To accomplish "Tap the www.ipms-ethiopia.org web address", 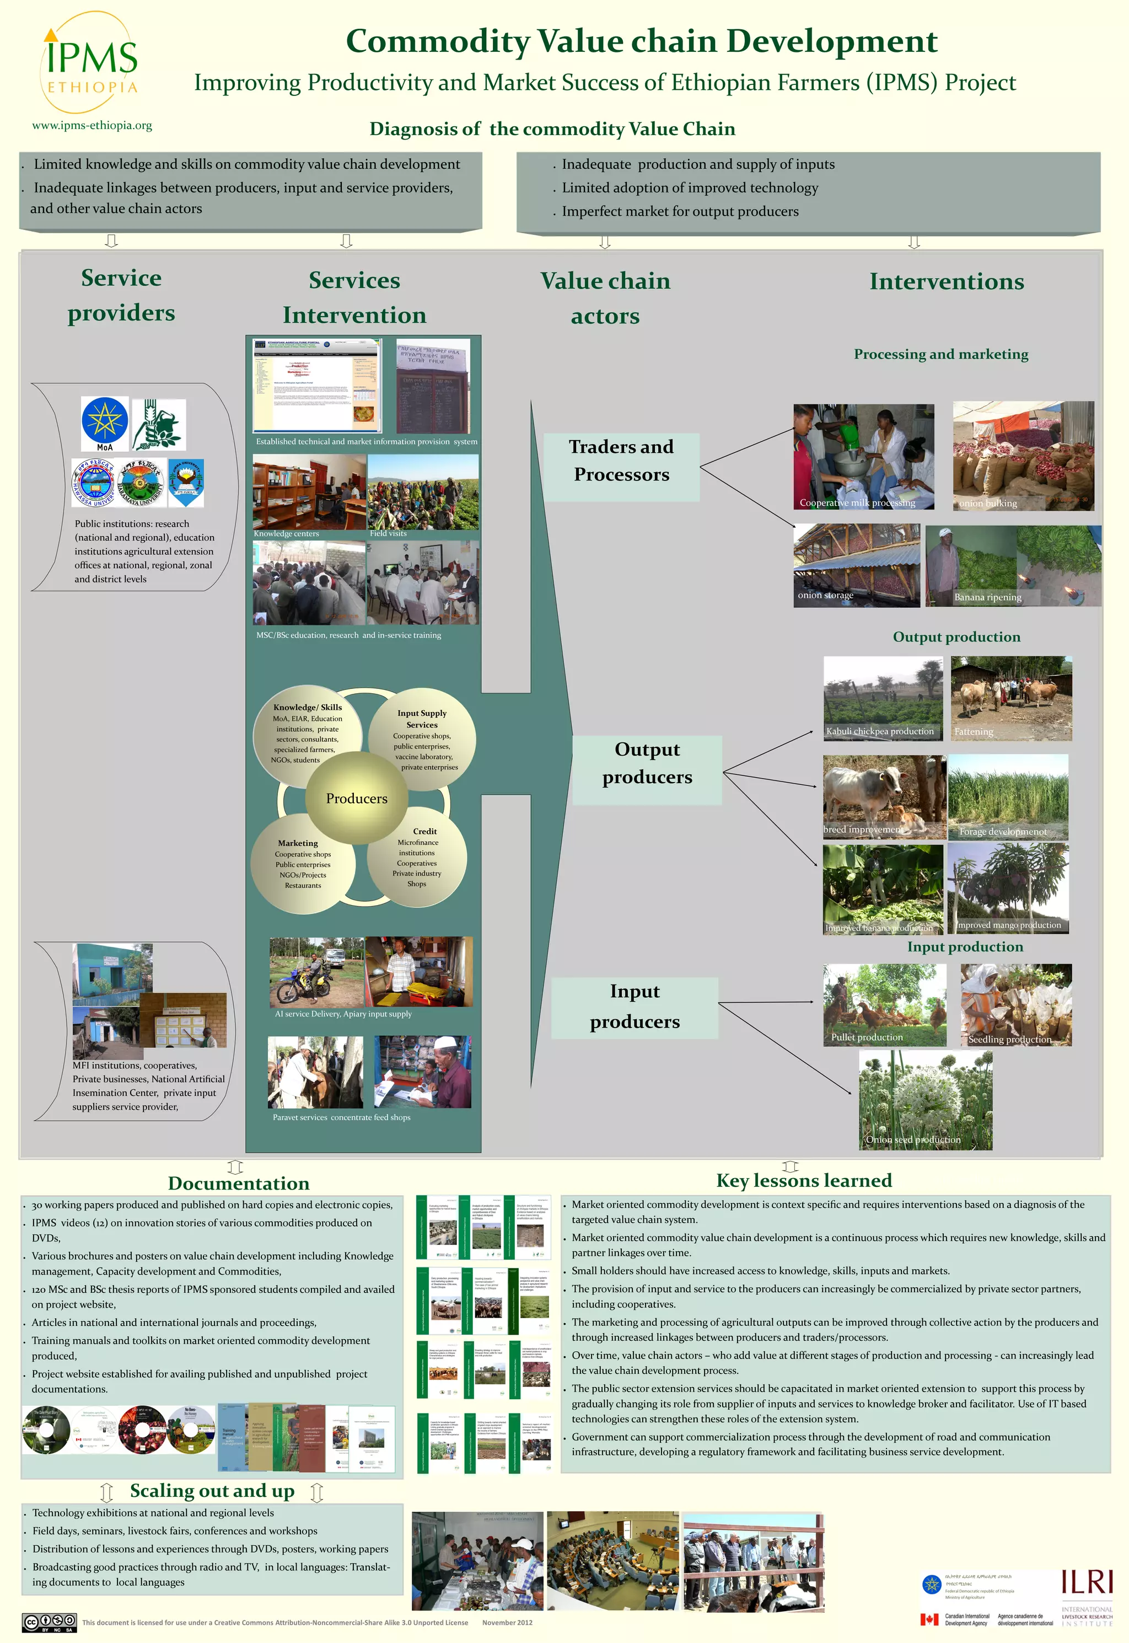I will point(92,125).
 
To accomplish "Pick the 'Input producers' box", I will point(635,1008).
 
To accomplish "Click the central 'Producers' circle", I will point(357,798).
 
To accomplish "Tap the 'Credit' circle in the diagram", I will point(418,856).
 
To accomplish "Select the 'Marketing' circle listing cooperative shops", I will point(302,863).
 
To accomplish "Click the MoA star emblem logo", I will point(105,423).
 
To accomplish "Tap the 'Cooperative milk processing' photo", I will point(863,457).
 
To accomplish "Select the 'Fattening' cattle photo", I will point(1011,698).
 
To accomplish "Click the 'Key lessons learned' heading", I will point(804,1180).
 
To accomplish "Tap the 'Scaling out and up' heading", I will point(212,1491).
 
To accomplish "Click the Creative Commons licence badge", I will point(49,1623).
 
